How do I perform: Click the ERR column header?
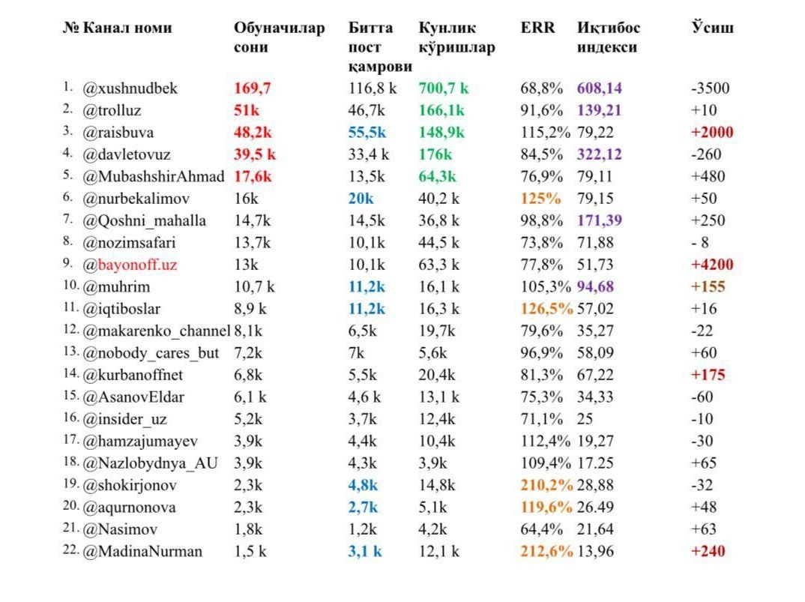pyautogui.click(x=537, y=27)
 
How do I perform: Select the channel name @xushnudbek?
pyautogui.click(x=130, y=88)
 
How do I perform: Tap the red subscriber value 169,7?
pyautogui.click(x=252, y=88)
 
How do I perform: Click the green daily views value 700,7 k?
pyautogui.click(x=444, y=88)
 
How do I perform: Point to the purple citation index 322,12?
pyautogui.click(x=599, y=154)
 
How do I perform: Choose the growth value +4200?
pyautogui.click(x=712, y=265)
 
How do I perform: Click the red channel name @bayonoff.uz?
pyautogui.click(x=130, y=265)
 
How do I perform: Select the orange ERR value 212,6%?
pyautogui.click(x=546, y=551)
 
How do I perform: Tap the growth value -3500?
pyautogui.click(x=710, y=88)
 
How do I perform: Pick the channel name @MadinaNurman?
pyautogui.click(x=142, y=552)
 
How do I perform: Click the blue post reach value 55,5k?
pyautogui.click(x=367, y=133)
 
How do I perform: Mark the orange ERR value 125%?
pyautogui.click(x=540, y=198)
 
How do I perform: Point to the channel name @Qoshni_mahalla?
pyautogui.click(x=144, y=221)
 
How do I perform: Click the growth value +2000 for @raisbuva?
pyautogui.click(x=712, y=132)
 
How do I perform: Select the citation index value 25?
pyautogui.click(x=585, y=419)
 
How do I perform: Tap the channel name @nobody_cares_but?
pyautogui.click(x=151, y=353)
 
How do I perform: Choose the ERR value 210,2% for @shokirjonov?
pyautogui.click(x=546, y=485)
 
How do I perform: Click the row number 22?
pyautogui.click(x=71, y=550)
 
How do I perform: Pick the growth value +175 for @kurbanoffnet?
pyautogui.click(x=708, y=375)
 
